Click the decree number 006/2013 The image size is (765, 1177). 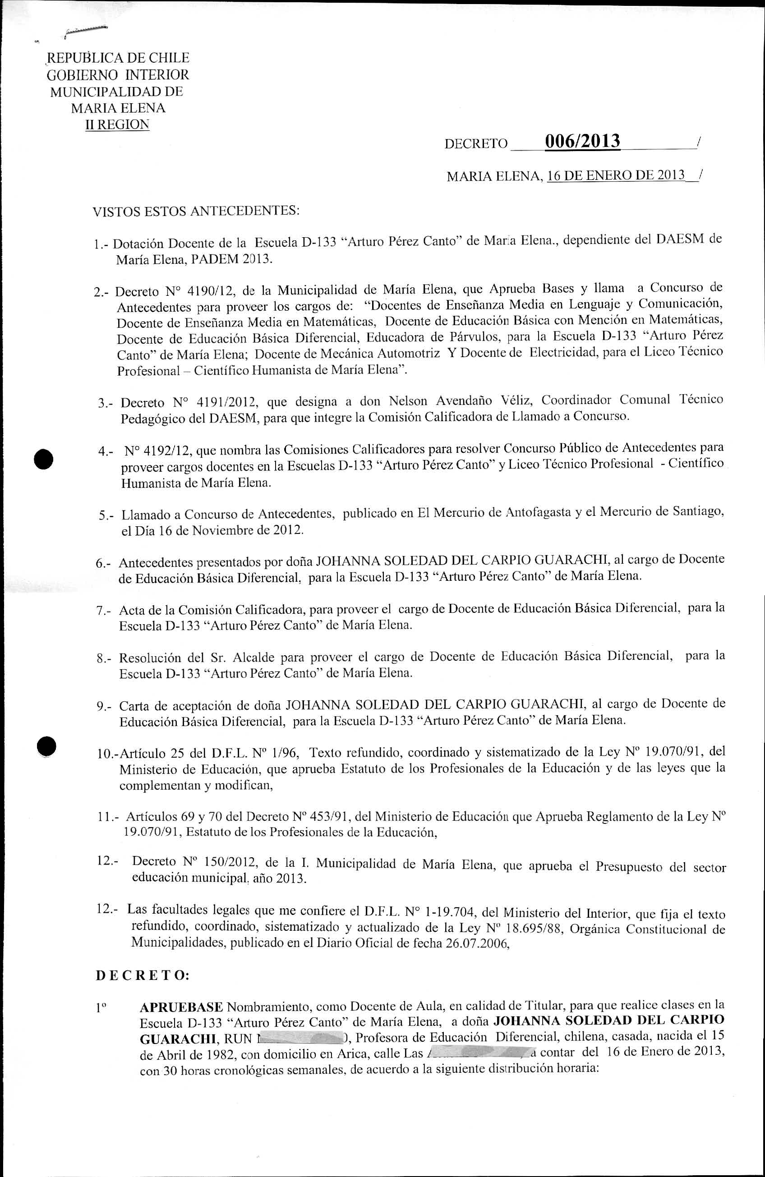pos(582,142)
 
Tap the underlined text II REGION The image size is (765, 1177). pos(117,124)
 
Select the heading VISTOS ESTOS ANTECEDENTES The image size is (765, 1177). pos(196,211)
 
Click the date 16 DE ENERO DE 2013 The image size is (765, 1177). pos(616,175)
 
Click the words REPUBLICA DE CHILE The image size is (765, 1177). pos(118,58)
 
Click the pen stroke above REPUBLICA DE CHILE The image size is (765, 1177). pos(86,31)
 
